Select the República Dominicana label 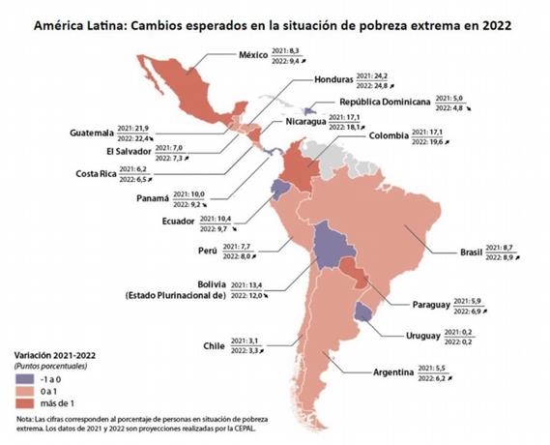coord(387,102)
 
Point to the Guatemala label coord(93,133)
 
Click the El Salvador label coord(96,152)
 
